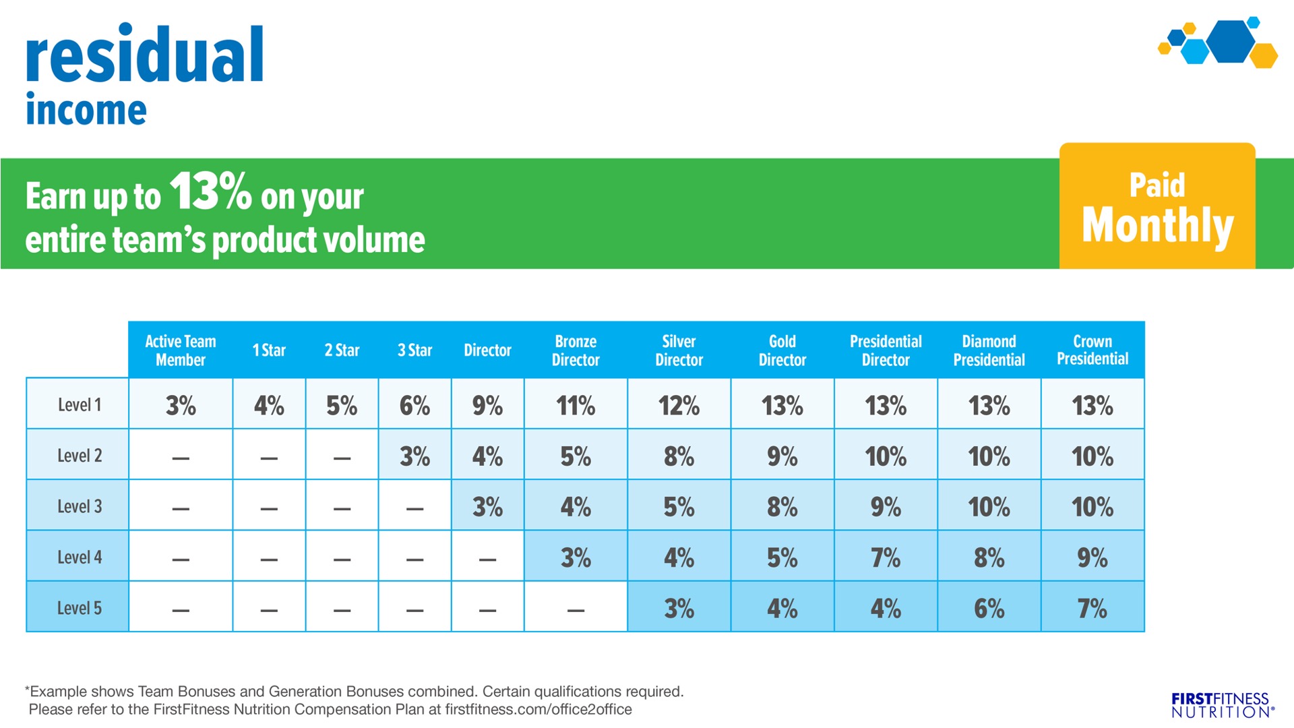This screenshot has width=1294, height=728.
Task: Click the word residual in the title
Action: pos(145,55)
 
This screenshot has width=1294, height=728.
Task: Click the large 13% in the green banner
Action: pos(210,191)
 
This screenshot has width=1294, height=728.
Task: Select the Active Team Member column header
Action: pos(181,350)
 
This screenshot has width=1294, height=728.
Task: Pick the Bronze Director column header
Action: pos(576,350)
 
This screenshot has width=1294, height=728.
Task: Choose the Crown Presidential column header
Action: pos(1092,350)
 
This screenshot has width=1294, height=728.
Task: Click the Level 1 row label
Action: pos(79,404)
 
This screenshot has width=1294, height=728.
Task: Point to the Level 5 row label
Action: pos(79,608)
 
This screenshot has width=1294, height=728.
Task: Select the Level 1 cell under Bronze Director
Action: pos(576,405)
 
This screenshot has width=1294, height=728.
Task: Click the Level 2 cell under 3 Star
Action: pos(414,456)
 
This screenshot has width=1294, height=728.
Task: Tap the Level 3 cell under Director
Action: pos(487,507)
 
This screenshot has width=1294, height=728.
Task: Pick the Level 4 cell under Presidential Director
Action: pos(886,557)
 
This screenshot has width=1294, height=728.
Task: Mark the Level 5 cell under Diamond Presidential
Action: pos(989,609)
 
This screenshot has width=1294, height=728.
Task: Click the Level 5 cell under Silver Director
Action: pos(679,609)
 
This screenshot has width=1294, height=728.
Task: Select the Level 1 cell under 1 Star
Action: pos(269,405)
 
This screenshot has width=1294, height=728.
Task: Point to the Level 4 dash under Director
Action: pos(487,559)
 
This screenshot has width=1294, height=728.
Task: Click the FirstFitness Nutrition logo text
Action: pos(1221,705)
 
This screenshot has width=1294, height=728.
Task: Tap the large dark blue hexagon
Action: pos(1231,42)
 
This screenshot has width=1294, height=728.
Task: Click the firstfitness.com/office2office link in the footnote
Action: pos(538,709)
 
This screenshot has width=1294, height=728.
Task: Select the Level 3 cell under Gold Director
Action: pos(782,507)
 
